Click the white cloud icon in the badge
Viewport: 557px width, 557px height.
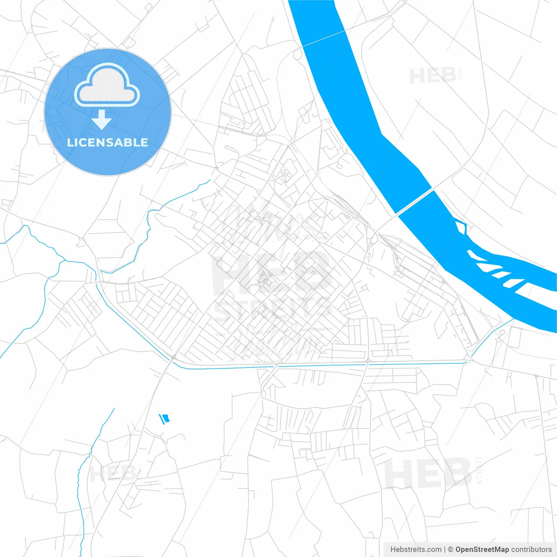107,85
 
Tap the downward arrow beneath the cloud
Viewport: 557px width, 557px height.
101,120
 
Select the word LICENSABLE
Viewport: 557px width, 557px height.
107,142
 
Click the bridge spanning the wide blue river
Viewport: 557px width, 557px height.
415,201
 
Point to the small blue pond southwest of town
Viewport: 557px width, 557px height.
164,419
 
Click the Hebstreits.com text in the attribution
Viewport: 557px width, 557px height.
416,550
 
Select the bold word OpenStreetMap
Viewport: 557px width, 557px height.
482,550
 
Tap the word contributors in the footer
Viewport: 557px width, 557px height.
531,550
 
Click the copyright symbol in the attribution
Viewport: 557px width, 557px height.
450,550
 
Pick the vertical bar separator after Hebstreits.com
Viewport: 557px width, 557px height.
445,550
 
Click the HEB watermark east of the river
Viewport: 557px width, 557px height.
433,76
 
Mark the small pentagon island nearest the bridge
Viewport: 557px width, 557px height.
461,227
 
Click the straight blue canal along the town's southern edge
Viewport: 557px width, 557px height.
322,365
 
